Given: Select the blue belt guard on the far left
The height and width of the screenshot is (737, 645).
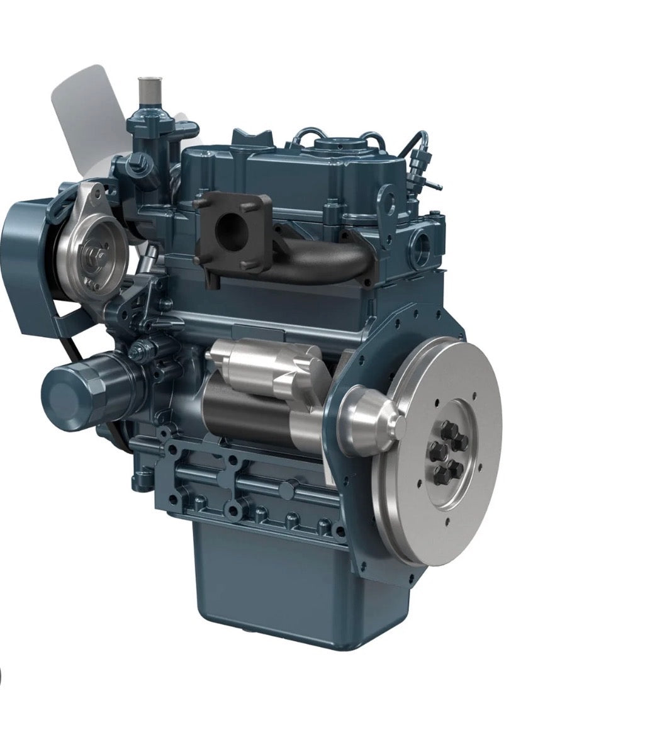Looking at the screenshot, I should coord(28,264).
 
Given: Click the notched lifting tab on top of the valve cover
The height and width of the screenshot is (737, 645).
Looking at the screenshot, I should coord(252,137).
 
